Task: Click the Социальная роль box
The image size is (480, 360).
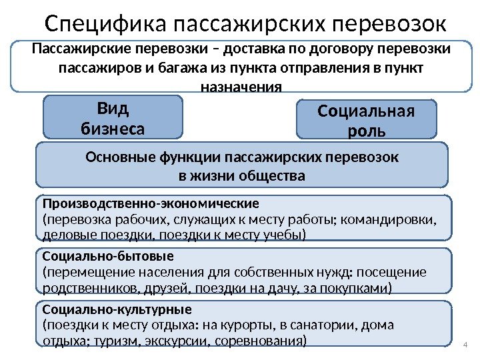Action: click(366, 120)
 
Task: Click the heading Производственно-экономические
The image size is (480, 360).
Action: click(150, 202)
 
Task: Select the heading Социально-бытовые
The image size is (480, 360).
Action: click(107, 255)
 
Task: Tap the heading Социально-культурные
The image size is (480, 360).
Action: click(117, 309)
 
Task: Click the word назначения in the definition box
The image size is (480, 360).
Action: click(241, 87)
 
